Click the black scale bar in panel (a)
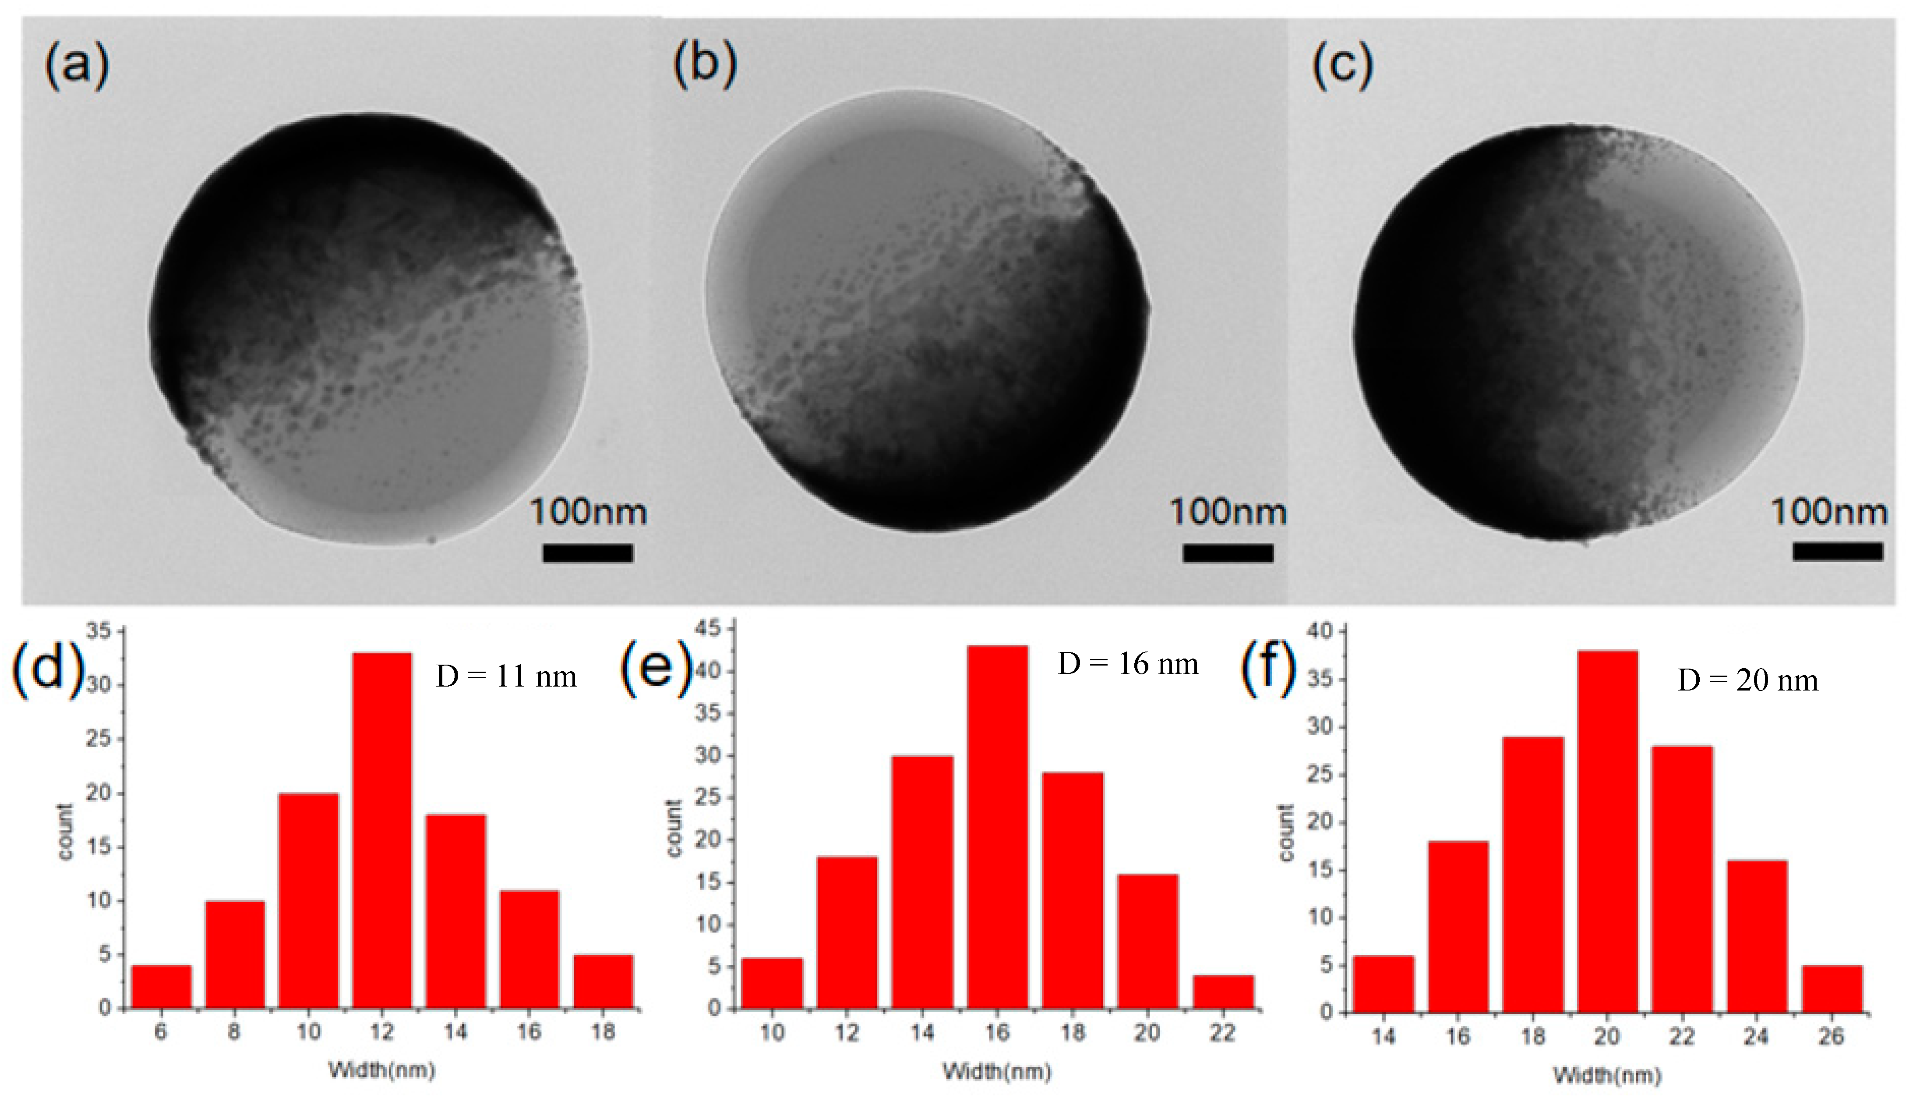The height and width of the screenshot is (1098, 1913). (588, 553)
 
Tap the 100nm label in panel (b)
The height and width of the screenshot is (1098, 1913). (1228, 513)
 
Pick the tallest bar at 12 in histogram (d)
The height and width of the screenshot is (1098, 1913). (382, 829)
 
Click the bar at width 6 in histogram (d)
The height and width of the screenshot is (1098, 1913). (161, 986)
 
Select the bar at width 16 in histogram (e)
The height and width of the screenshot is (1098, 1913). (997, 826)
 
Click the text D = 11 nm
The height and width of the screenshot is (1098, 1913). (506, 677)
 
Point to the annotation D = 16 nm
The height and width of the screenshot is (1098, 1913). (1128, 664)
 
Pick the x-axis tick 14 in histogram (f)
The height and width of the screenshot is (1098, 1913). (1383, 1037)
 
